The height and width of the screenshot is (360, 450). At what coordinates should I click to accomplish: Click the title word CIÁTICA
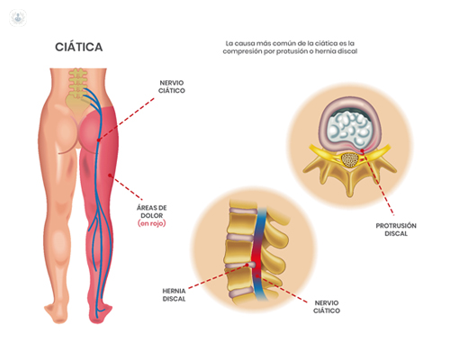[x=79, y=47]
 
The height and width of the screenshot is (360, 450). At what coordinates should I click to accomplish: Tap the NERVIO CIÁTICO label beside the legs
[x=172, y=86]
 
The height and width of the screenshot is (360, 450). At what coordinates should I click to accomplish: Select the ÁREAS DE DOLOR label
[x=152, y=211]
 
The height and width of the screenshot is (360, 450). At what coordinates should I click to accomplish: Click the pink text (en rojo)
[x=152, y=223]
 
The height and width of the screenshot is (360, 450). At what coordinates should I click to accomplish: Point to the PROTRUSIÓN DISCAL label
[x=396, y=229]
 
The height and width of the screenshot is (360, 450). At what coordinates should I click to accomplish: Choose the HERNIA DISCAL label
[x=174, y=295]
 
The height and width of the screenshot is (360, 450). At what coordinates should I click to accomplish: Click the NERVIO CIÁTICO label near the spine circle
[x=327, y=307]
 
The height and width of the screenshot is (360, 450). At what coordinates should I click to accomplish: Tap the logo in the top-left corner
[x=18, y=18]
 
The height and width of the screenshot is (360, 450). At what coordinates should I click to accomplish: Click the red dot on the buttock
[x=98, y=139]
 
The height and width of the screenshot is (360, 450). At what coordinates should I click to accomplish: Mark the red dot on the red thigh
[x=110, y=175]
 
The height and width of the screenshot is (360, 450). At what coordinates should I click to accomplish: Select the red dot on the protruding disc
[x=362, y=150]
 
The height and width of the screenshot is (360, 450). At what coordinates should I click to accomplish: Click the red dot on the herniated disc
[x=247, y=265]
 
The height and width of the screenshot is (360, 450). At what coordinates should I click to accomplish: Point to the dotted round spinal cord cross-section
[x=350, y=160]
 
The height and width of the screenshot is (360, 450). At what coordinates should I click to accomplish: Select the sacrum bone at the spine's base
[x=77, y=104]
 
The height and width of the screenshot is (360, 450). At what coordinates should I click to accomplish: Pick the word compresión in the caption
[x=242, y=51]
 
